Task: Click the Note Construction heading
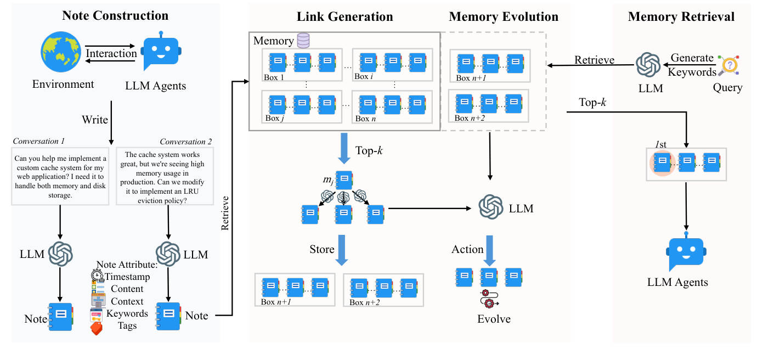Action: click(115, 15)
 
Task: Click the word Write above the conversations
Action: click(95, 120)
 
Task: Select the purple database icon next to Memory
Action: click(303, 41)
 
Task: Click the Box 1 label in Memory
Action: click(274, 77)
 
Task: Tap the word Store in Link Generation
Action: click(322, 249)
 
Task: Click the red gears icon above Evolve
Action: click(489, 299)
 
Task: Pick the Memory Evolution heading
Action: click(503, 16)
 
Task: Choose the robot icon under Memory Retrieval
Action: click(685, 252)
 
